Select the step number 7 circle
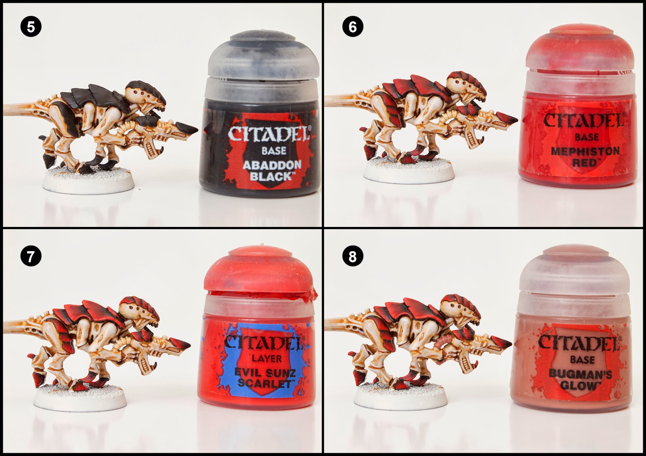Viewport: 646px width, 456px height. (x=31, y=256)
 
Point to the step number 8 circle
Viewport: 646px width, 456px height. (x=352, y=256)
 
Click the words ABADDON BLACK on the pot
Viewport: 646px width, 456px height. (x=272, y=171)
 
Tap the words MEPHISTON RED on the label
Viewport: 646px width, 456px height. (x=585, y=157)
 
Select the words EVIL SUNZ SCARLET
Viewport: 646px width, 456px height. (x=265, y=378)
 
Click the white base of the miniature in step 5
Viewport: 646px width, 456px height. (x=88, y=180)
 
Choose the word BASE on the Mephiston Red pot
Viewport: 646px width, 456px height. (x=587, y=137)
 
